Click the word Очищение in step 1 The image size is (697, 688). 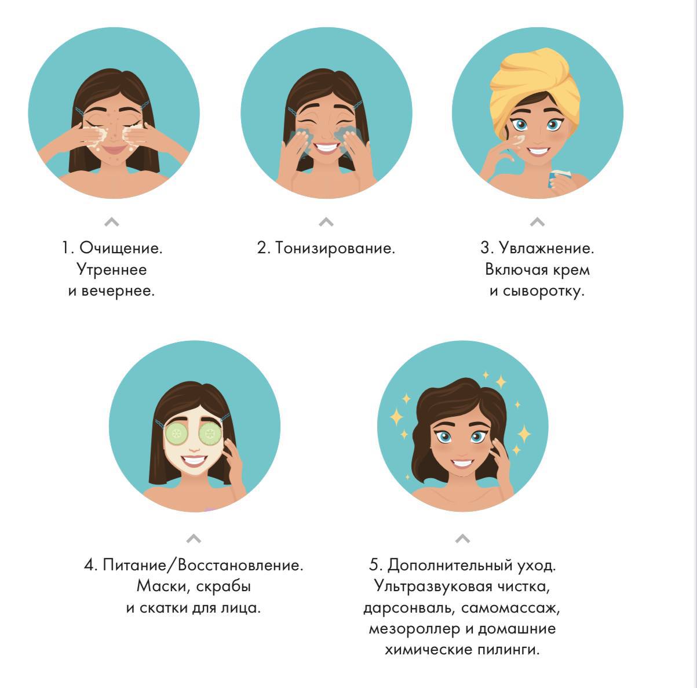121,248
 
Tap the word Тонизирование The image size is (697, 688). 335,248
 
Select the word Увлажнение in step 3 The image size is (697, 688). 546,248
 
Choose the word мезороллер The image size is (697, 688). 414,629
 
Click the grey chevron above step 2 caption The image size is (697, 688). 326,221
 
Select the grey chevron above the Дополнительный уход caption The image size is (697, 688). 462,538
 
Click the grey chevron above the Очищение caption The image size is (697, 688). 112,221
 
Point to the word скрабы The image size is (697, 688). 224,587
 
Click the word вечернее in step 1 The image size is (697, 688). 118,291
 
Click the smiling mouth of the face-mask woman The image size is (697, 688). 194,460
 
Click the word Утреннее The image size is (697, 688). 112,270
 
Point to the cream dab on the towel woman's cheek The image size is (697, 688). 519,140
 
